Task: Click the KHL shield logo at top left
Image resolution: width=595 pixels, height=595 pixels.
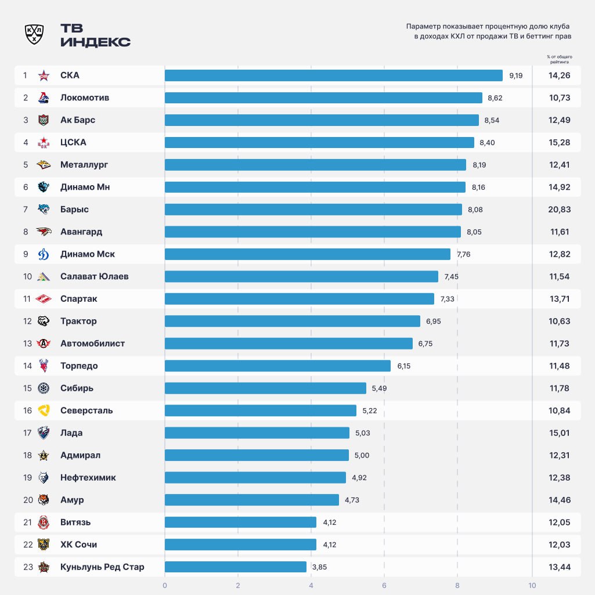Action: coord(34,34)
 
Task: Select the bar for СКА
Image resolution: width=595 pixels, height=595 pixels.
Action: coord(333,75)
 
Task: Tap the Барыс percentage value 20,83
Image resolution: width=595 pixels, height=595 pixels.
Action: coord(559,210)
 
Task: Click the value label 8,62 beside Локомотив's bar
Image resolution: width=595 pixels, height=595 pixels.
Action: coord(495,98)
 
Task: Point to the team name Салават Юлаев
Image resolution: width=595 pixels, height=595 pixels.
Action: coord(94,276)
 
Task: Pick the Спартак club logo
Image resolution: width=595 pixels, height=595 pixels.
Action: coord(44,299)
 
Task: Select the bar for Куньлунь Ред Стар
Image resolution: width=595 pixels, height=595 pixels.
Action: coord(235,567)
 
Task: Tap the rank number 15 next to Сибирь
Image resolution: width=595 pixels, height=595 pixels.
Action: coord(27,388)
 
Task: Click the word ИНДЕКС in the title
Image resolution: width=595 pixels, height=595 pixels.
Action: coord(95,42)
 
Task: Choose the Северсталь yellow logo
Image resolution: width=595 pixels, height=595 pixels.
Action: coord(44,410)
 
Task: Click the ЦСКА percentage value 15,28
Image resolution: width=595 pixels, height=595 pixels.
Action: coord(559,142)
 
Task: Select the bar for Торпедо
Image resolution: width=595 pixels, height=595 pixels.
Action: coord(277,366)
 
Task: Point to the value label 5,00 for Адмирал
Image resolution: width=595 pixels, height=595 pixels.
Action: coord(362,456)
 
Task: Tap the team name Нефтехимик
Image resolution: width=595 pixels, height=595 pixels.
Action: coord(88,478)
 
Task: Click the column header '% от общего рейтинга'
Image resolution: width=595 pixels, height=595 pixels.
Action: coord(558,59)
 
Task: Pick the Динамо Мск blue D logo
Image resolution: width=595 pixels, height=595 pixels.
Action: coord(44,254)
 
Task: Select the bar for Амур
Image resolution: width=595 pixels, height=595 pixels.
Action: coord(251,500)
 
